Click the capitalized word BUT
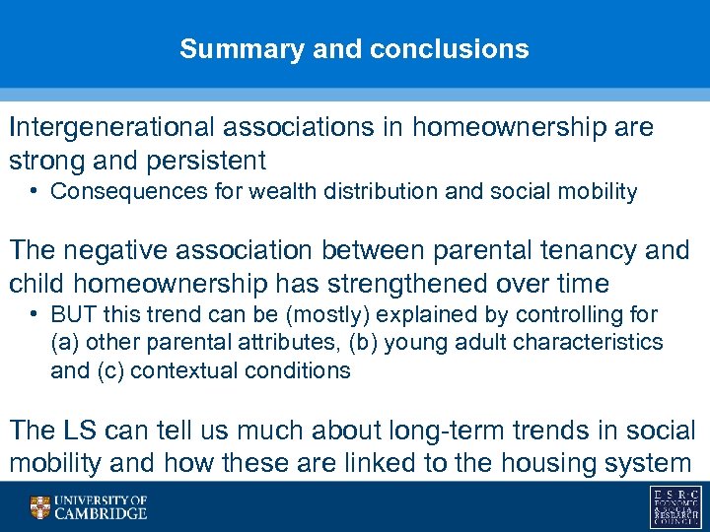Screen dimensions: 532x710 click(71, 315)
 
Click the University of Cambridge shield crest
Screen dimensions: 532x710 click(40, 507)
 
